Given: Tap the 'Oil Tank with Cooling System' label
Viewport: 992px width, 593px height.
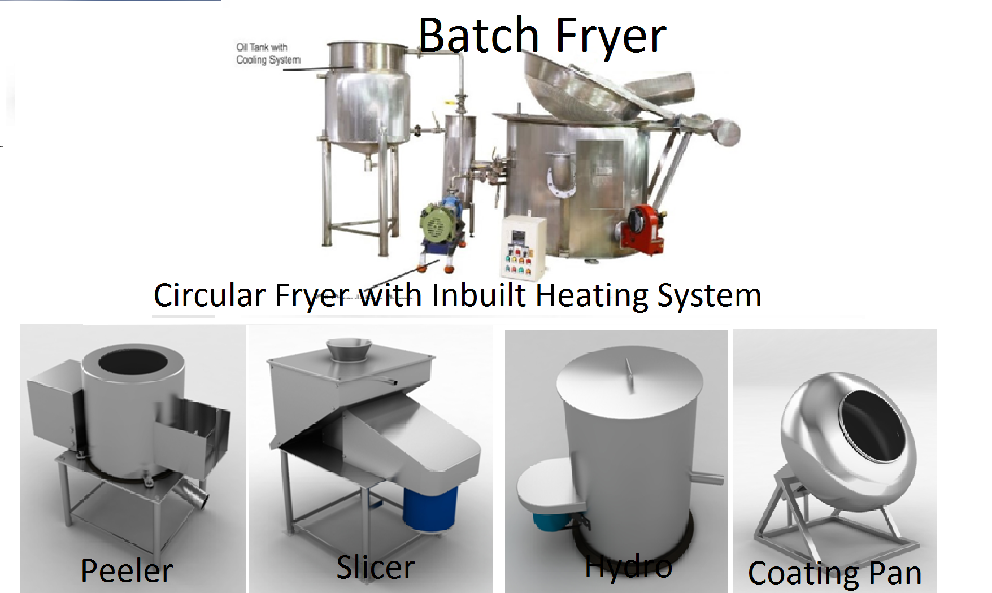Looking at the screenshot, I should (x=268, y=54).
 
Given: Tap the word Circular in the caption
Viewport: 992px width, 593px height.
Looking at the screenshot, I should (x=210, y=295).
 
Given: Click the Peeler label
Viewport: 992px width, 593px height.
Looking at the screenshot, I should (x=127, y=570).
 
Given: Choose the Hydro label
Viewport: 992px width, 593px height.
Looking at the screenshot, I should (x=628, y=566).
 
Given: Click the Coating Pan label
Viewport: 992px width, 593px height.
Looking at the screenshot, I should (x=834, y=573).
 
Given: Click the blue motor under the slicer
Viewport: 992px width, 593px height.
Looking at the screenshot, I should (x=430, y=508).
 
